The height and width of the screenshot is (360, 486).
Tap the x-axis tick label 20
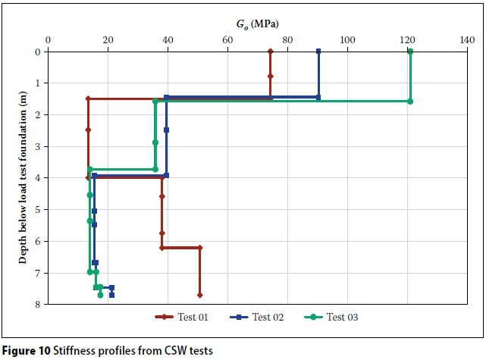click(x=108, y=39)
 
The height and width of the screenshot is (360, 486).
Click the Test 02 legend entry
click(x=259, y=318)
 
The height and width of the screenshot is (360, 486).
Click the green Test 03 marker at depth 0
click(x=410, y=52)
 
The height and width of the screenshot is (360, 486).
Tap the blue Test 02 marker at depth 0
click(x=318, y=52)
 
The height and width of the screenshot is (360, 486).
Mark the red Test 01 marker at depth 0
click(x=271, y=52)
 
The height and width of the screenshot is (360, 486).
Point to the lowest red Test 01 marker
click(x=199, y=295)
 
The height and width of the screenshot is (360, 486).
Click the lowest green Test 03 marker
click(x=100, y=295)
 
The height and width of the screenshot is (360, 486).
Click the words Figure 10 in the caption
click(x=27, y=350)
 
